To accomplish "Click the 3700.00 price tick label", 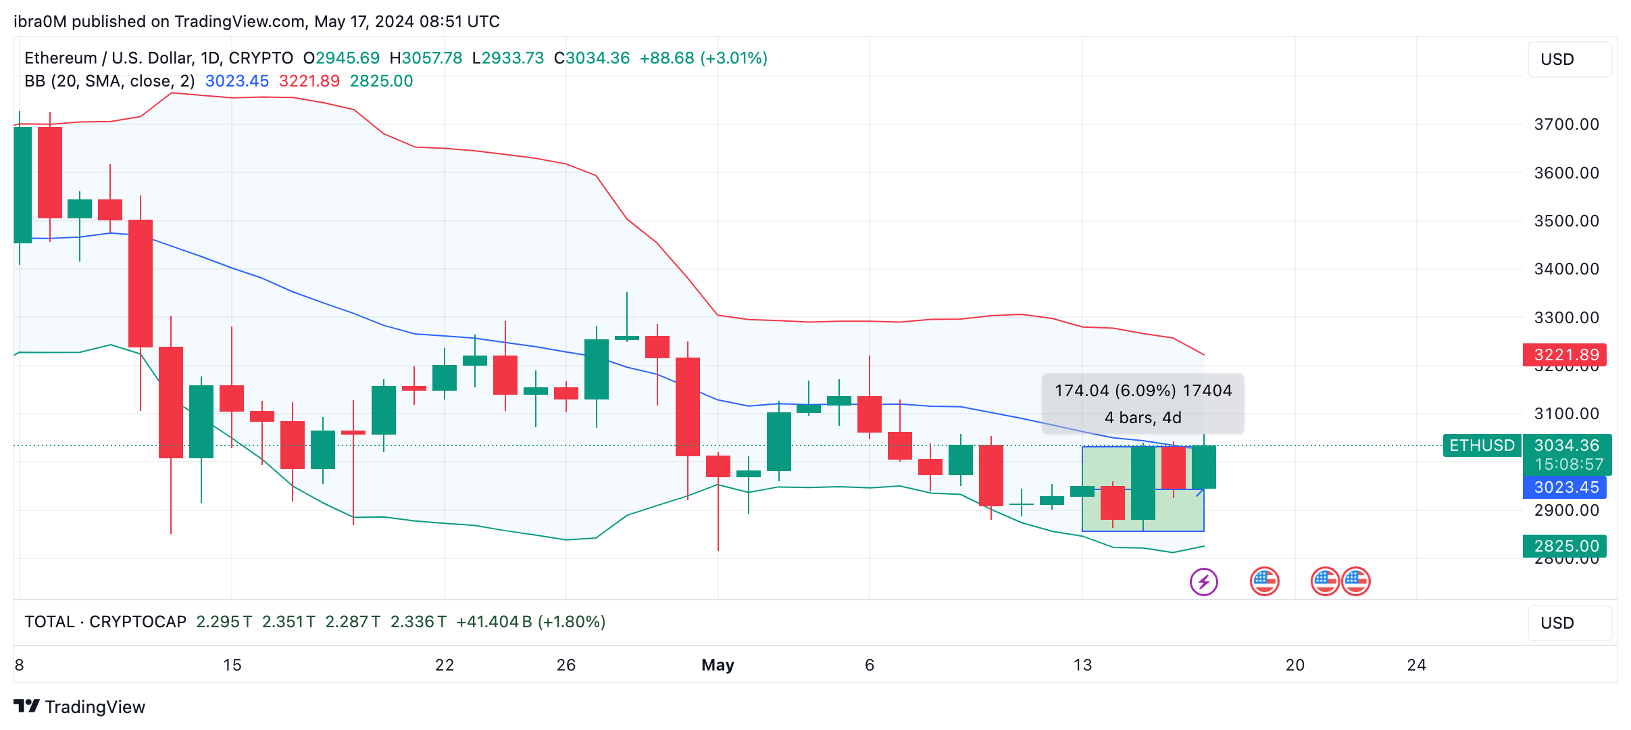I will tap(1566, 124).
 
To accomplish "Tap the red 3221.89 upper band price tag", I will tap(1565, 355).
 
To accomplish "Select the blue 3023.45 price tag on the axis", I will tap(1565, 487).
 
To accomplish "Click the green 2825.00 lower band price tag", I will tap(1565, 546).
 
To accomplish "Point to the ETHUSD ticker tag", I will tap(1482, 445).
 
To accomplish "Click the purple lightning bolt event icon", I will tap(1203, 582).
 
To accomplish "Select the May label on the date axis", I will tap(718, 665).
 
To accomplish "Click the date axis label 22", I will tap(445, 665).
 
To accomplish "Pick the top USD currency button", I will tap(1569, 59).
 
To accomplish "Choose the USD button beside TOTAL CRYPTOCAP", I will tap(1569, 623).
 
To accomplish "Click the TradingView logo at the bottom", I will tap(80, 707).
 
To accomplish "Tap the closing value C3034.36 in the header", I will tap(592, 58).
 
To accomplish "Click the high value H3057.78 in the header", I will tap(426, 58).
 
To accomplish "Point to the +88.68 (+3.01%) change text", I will tap(703, 58).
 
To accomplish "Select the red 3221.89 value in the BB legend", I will tap(309, 81).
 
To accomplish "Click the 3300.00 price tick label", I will tap(1566, 318).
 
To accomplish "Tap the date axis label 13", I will tap(1082, 665).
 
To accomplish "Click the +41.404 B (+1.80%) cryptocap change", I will tap(531, 622).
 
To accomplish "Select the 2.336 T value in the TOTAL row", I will tap(418, 622).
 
